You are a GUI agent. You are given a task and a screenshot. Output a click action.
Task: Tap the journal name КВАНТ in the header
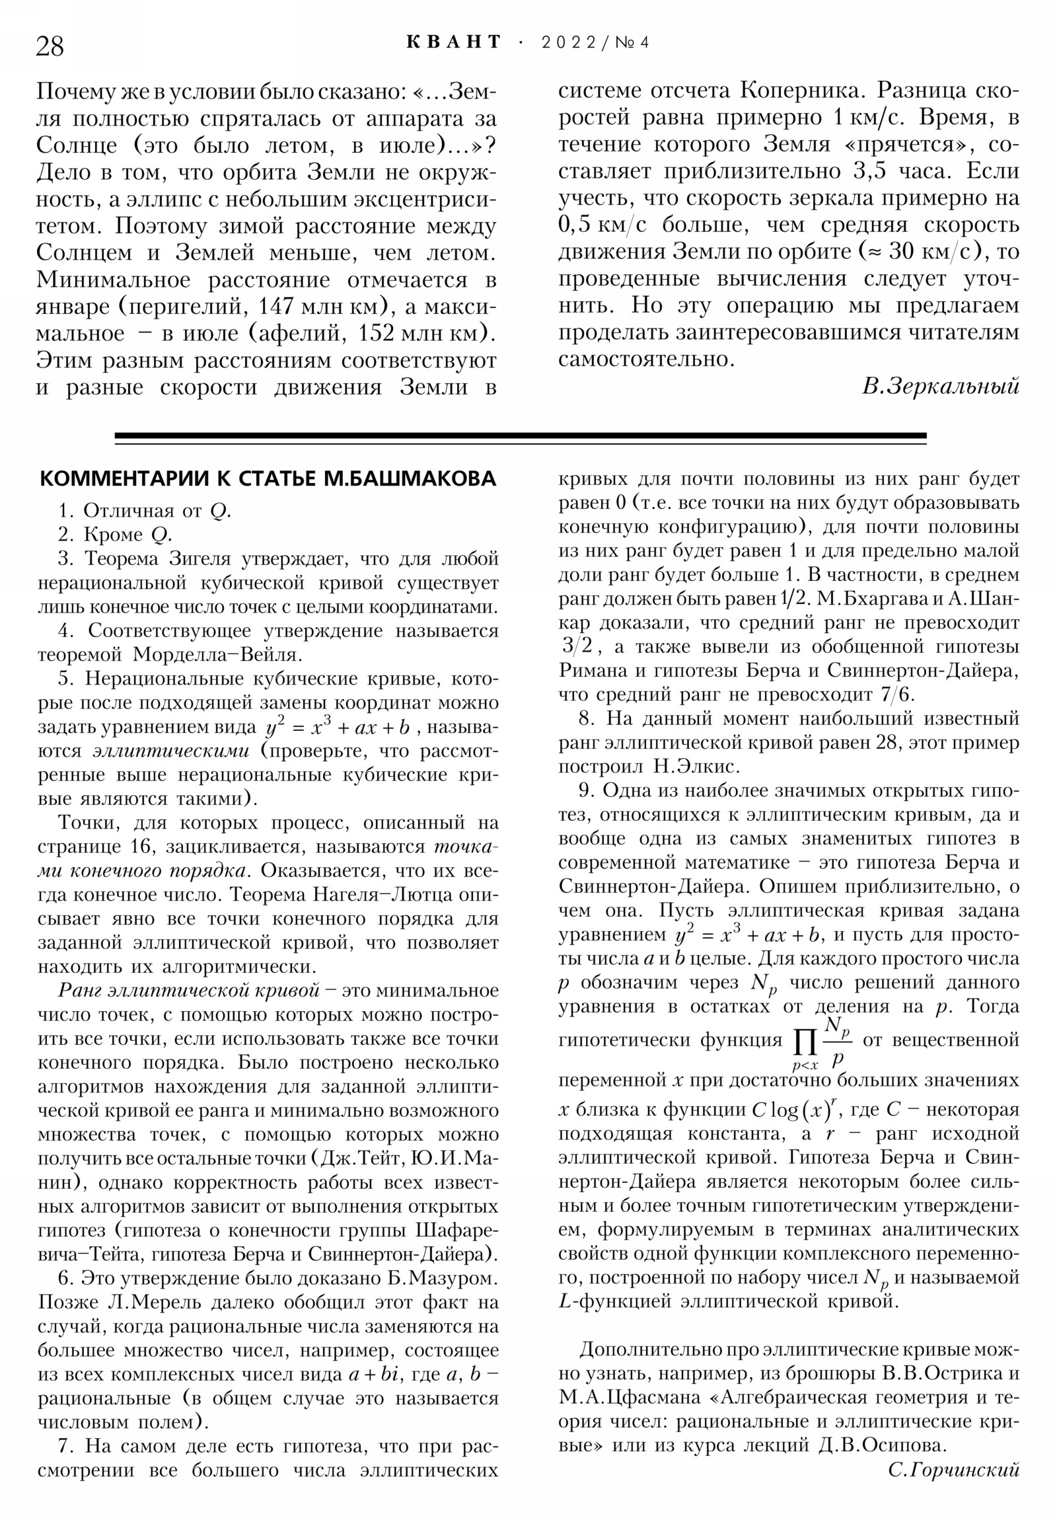[454, 42]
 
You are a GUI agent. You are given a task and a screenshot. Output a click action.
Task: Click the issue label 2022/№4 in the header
[595, 43]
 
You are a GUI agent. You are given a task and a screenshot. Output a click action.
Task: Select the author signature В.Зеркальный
[940, 386]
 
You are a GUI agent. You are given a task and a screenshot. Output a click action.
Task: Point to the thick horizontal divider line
[520, 436]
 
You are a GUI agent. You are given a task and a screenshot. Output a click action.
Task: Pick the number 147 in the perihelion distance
[278, 307]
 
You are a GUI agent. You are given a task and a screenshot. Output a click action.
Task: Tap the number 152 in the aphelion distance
[378, 333]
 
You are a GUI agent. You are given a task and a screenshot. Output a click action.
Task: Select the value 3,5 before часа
[869, 171]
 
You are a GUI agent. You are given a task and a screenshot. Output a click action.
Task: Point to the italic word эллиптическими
[170, 751]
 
